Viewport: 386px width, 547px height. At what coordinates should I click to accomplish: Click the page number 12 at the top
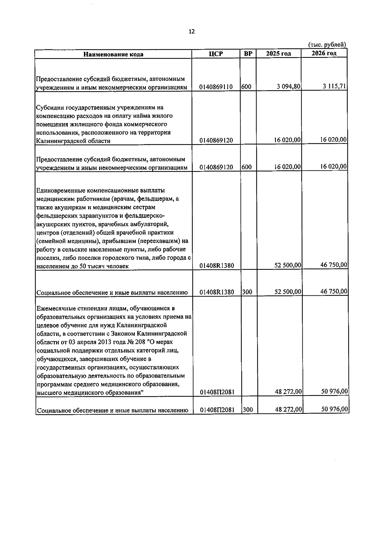[192, 32]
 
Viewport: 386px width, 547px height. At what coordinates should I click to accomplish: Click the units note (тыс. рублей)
[327, 45]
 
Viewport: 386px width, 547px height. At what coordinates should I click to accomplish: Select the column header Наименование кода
[113, 54]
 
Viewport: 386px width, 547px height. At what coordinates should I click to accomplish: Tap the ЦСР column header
[216, 54]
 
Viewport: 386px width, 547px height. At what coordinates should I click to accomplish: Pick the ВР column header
[248, 53]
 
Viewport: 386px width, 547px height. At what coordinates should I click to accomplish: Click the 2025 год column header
[279, 53]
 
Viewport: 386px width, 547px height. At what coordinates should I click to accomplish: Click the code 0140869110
[216, 87]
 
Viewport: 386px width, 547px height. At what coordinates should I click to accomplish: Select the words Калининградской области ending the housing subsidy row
[73, 141]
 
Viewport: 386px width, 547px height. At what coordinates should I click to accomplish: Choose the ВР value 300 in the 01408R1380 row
[247, 292]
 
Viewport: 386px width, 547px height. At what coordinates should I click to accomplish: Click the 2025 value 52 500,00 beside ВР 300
[288, 292]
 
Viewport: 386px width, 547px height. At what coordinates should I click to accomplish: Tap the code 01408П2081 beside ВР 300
[217, 410]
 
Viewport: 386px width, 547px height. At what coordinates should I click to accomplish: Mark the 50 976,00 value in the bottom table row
[334, 409]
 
